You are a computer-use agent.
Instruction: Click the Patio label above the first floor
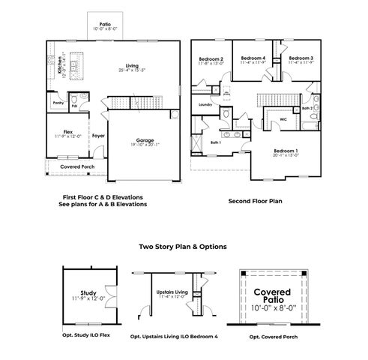pyautogui.click(x=105, y=24)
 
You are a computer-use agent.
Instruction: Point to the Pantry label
pyautogui.click(x=58, y=103)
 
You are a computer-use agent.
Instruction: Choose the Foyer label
pyautogui.click(x=98, y=136)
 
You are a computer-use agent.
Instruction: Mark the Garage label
pyautogui.click(x=145, y=139)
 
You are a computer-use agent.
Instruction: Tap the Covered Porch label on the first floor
pyautogui.click(x=76, y=166)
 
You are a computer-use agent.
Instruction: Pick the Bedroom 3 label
pyautogui.click(x=301, y=58)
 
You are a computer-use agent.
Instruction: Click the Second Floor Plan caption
pyautogui.click(x=254, y=201)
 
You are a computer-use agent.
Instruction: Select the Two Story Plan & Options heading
pyautogui.click(x=184, y=245)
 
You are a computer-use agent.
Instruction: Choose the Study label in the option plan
pyautogui.click(x=88, y=294)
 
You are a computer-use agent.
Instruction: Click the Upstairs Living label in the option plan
pyautogui.click(x=172, y=293)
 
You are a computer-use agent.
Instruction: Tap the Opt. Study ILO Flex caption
pyautogui.click(x=88, y=336)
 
